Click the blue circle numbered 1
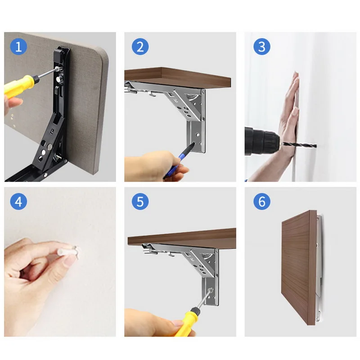click(18, 47)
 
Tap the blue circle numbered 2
click(140, 47)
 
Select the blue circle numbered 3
click(262, 47)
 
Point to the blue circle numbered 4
click(18, 202)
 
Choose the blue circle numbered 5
click(140, 202)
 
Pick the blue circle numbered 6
click(262, 202)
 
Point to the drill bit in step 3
click(300, 145)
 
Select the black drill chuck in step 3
click(262, 141)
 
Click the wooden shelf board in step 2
click(177, 77)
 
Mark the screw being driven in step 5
click(211, 290)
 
